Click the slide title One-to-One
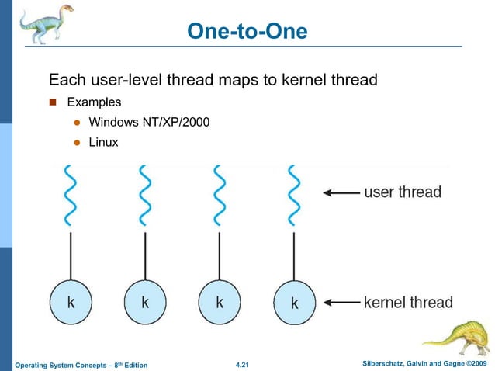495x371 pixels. pyautogui.click(x=247, y=31)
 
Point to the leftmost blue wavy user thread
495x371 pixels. pyautogui.click(x=71, y=193)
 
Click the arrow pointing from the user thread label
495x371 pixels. pyautogui.click(x=340, y=192)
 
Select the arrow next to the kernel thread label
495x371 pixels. pyautogui.click(x=340, y=302)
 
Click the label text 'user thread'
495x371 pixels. pyautogui.click(x=403, y=192)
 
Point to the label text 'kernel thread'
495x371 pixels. pyautogui.click(x=408, y=302)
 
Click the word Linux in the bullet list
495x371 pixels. pyautogui.click(x=103, y=142)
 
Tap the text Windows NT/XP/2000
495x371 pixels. pyautogui.click(x=148, y=122)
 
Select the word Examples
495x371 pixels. pyautogui.click(x=94, y=102)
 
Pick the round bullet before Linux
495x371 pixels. pyautogui.click(x=77, y=143)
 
